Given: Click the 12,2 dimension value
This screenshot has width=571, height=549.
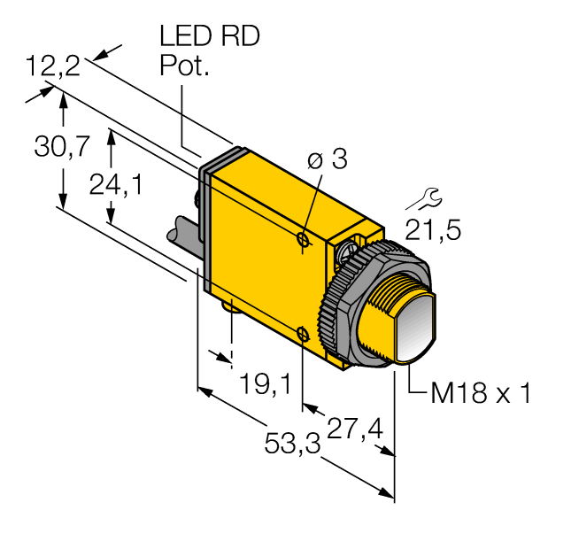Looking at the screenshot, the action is pos(53,66).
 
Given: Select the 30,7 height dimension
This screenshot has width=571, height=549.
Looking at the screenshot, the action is pos(62,146).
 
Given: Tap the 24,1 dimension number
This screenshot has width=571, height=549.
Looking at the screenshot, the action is pos(116,185).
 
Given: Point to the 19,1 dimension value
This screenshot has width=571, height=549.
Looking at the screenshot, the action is pos(266,383).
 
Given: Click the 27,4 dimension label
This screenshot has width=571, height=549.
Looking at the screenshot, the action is pos(355,429).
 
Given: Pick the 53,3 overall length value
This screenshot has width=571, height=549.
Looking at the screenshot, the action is pos(292,444).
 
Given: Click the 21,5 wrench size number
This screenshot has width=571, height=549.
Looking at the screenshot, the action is pos(433,230).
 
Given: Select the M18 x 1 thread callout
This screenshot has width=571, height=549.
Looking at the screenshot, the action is pos(481,393).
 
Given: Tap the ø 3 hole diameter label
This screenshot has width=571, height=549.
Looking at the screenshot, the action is pos(328,159).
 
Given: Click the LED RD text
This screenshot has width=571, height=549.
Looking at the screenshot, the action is pos(210,35).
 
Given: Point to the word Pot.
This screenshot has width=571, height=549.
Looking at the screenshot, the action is pos(185,66).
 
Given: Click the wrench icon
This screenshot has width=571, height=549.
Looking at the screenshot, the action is pos(425,199).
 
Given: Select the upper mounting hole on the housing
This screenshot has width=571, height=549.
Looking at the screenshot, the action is pos(303,239).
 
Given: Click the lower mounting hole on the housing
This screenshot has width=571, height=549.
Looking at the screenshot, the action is pos(303,333).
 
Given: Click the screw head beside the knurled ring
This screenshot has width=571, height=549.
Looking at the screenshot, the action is pos(343,252).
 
